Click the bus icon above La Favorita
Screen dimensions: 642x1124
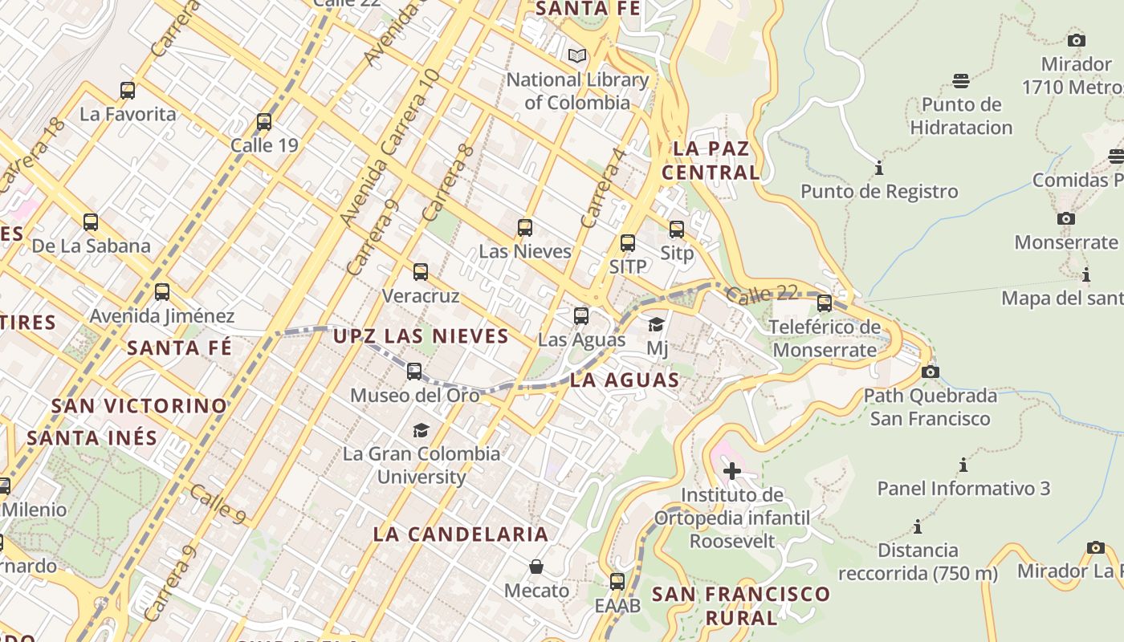128,91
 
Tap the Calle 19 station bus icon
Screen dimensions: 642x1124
264,122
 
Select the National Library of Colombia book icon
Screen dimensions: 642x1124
576,56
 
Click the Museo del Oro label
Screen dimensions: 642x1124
414,395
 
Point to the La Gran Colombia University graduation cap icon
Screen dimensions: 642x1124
421,431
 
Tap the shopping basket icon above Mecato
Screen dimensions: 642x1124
536,567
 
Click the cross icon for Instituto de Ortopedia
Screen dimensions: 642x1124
731,471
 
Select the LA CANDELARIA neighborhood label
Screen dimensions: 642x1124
461,534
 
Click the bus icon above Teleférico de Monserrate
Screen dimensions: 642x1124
825,303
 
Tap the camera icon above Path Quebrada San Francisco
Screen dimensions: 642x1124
931,372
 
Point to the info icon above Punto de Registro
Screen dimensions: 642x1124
879,169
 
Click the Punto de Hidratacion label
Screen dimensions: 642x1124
961,116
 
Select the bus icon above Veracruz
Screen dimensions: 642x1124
421,272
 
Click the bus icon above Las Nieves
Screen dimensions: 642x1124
525,228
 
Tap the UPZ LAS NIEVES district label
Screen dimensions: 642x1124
421,335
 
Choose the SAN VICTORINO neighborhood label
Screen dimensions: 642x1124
139,405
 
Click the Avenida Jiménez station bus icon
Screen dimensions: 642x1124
162,292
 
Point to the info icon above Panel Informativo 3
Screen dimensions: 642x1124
963,465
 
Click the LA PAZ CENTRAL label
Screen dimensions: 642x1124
711,160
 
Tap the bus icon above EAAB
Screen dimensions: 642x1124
617,582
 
